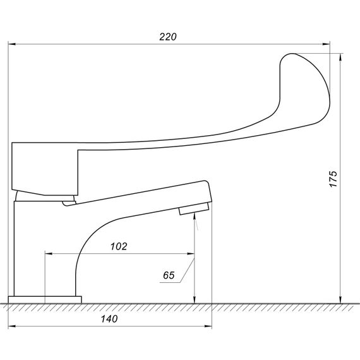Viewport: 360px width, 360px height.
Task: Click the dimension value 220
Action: coord(168,37)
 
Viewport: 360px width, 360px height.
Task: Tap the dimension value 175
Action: coord(333,179)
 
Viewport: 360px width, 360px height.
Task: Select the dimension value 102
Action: coord(119,246)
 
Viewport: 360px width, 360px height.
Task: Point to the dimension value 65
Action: coord(169,275)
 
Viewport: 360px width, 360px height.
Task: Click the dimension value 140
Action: coord(109,319)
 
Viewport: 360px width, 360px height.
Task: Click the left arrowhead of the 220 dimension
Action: coord(12,44)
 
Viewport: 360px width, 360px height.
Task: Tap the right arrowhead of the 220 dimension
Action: coord(327,44)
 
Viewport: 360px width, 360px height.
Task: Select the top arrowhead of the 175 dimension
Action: coord(340,57)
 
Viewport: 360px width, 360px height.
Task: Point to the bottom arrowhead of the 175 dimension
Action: coord(340,299)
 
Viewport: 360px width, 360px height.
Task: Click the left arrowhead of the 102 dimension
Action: coord(49,254)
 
